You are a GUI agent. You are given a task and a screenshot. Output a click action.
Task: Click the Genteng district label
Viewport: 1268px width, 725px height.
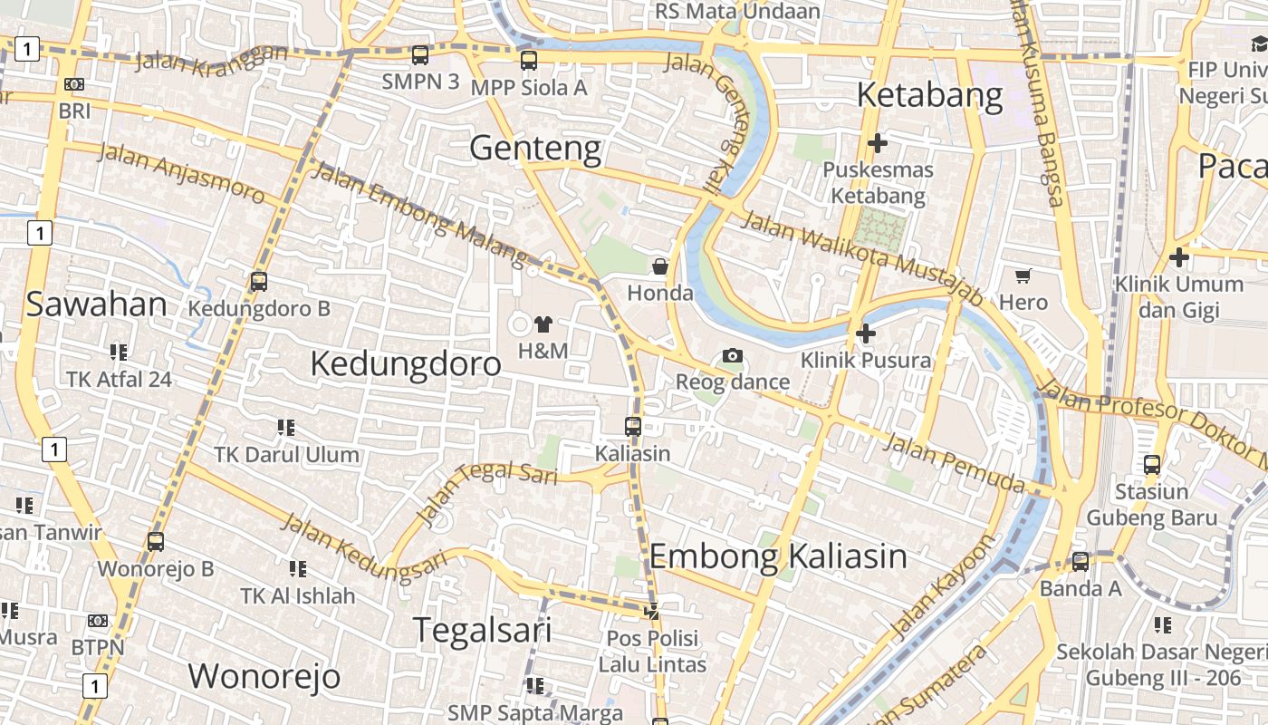click(x=535, y=148)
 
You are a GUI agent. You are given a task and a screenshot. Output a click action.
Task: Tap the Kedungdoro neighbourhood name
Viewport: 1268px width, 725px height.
click(x=405, y=363)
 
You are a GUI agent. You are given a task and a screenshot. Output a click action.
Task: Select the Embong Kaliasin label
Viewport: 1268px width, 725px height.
click(x=778, y=556)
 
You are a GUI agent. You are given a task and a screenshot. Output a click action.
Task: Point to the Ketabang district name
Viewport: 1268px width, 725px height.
click(x=929, y=95)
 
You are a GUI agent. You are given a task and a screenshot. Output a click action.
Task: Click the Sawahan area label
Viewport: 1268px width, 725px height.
click(x=96, y=304)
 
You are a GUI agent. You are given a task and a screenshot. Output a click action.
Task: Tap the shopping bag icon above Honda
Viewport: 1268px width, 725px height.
click(x=660, y=266)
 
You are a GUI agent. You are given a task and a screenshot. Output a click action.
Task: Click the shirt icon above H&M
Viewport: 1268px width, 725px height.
click(x=543, y=324)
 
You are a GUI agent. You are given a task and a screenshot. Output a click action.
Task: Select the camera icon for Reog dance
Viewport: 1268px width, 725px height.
click(x=733, y=355)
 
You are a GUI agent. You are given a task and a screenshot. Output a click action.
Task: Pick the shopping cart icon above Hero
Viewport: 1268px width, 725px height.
click(x=1023, y=275)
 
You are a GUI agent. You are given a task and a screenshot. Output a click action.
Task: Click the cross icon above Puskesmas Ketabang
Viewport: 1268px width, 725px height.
click(x=877, y=142)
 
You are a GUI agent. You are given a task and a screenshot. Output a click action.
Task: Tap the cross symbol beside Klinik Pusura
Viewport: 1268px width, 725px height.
click(x=866, y=333)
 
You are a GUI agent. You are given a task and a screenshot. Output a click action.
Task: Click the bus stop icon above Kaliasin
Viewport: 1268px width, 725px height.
click(x=633, y=426)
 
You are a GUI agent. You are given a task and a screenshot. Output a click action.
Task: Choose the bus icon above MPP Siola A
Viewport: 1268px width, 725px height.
click(x=529, y=61)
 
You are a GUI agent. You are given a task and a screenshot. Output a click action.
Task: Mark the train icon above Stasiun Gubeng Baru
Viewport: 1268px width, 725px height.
click(x=1151, y=465)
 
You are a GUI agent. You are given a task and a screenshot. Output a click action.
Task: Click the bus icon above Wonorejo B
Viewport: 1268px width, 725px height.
click(x=156, y=542)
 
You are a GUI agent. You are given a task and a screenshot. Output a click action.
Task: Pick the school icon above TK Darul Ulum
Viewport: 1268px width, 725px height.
click(x=286, y=427)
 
